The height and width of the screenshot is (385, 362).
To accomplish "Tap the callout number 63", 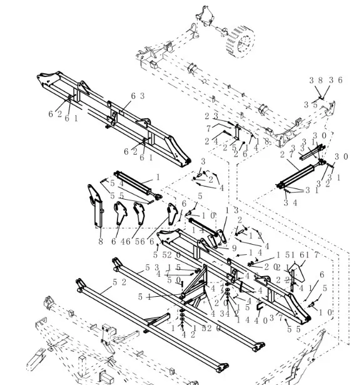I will pyautogui.click(x=138, y=96).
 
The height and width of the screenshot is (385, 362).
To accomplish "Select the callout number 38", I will pyautogui.click(x=316, y=80).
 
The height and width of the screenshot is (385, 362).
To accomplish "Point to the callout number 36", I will pyautogui.click(x=336, y=80).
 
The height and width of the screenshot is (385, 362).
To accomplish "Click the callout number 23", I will pyautogui.click(x=211, y=116).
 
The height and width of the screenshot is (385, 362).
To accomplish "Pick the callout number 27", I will pyautogui.click(x=286, y=154).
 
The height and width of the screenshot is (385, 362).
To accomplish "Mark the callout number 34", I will pyautogui.click(x=289, y=202).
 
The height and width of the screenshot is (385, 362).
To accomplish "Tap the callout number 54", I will pyautogui.click(x=116, y=183).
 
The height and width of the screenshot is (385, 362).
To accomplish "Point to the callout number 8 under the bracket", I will pyautogui.click(x=100, y=241).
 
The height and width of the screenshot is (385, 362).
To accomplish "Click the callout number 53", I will pyautogui.click(x=152, y=267).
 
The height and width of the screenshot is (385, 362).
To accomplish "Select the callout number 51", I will pyautogui.click(x=144, y=297).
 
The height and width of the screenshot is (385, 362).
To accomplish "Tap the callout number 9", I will pyautogui.click(x=234, y=248).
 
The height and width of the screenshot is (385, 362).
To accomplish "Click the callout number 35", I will pyautogui.click(x=310, y=105).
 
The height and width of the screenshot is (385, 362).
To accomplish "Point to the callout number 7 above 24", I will pyautogui.click(x=208, y=128).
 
